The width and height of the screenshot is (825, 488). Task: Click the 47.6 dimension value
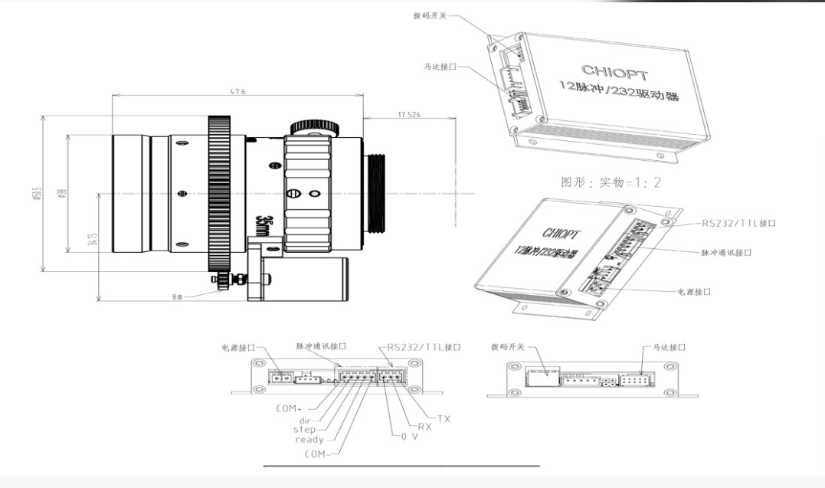coord(236,90)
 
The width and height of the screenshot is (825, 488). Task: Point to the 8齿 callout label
coord(178,295)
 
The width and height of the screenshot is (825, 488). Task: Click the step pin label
coord(306,430)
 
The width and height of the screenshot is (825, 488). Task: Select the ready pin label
coord(308,440)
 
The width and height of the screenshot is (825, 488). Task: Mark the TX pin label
coord(444,418)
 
